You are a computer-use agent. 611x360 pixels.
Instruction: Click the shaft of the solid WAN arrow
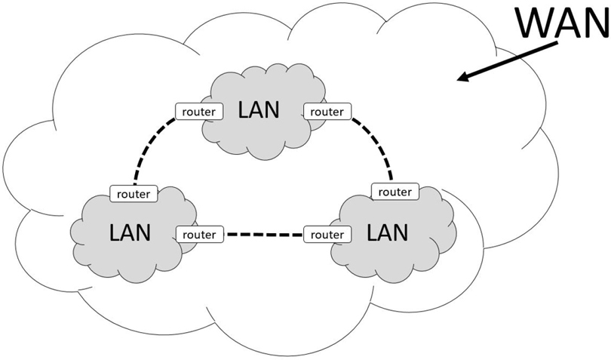(513, 60)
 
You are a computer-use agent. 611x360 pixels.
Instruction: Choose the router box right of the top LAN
(327, 112)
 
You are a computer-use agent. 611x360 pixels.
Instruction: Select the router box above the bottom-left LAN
(134, 193)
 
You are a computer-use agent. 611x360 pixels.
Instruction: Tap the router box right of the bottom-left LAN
(199, 235)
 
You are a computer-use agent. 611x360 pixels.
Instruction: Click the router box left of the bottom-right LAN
(328, 235)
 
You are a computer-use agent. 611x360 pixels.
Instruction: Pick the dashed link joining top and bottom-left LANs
(148, 151)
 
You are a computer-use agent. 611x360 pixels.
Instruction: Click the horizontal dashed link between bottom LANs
(263, 235)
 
